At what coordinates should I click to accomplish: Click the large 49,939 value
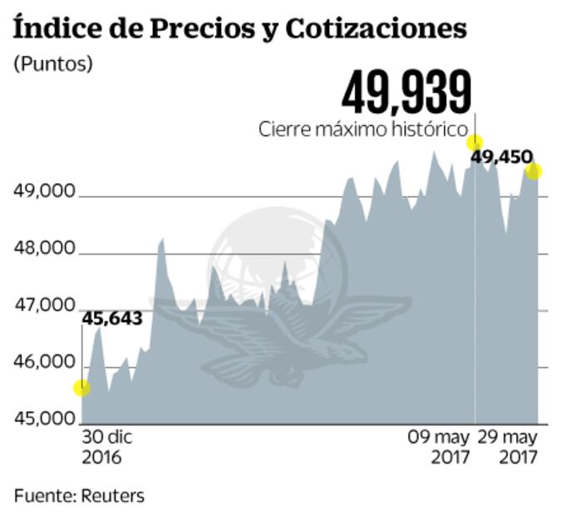click(406, 92)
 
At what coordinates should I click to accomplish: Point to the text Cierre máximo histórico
click(362, 130)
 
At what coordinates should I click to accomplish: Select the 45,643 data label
click(112, 318)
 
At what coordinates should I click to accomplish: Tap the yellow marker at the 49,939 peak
click(475, 142)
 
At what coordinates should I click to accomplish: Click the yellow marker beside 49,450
click(534, 171)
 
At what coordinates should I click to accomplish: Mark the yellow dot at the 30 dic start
click(81, 388)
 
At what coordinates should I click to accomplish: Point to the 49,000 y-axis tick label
click(45, 193)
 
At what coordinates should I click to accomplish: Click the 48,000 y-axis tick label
click(45, 250)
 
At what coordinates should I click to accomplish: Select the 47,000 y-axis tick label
click(45, 306)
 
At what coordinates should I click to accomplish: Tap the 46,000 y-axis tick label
click(45, 363)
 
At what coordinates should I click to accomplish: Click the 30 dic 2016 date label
click(107, 447)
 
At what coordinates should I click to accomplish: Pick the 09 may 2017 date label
click(439, 447)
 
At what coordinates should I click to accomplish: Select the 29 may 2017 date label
click(511, 447)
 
